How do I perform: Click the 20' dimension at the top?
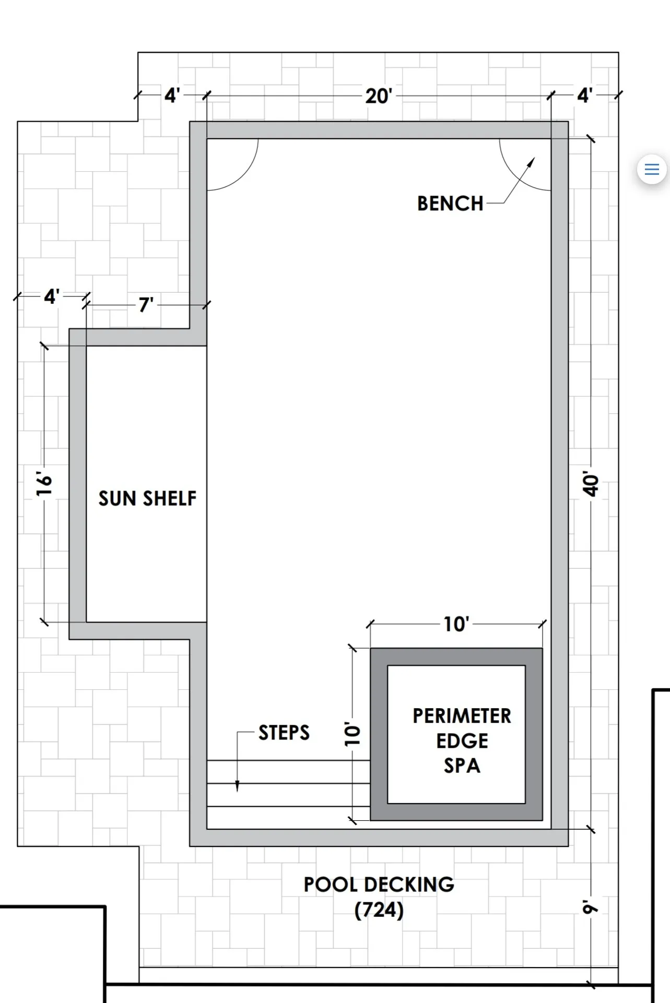[x=379, y=96]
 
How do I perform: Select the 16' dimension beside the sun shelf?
[x=44, y=484]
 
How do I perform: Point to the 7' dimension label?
[x=146, y=305]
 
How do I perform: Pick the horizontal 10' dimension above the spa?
[x=456, y=624]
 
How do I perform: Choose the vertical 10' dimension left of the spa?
[x=353, y=734]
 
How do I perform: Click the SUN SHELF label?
[x=148, y=498]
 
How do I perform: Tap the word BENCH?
[x=450, y=204]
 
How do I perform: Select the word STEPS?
[x=284, y=733]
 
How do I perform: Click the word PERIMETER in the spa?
[x=462, y=716]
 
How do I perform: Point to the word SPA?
[x=462, y=766]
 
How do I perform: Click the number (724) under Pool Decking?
[x=379, y=910]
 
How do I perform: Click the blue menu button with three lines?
[x=652, y=169]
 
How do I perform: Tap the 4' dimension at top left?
[x=172, y=95]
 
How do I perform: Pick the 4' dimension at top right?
[x=585, y=95]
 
